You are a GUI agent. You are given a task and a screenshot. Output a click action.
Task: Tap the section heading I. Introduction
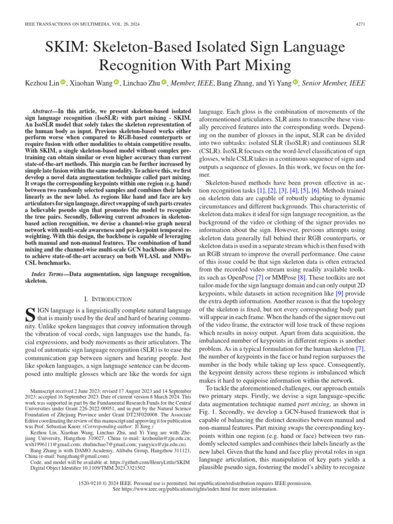pyautogui.click(x=108, y=298)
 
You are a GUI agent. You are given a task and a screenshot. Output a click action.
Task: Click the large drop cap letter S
pyautogui.click(x=30, y=314)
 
